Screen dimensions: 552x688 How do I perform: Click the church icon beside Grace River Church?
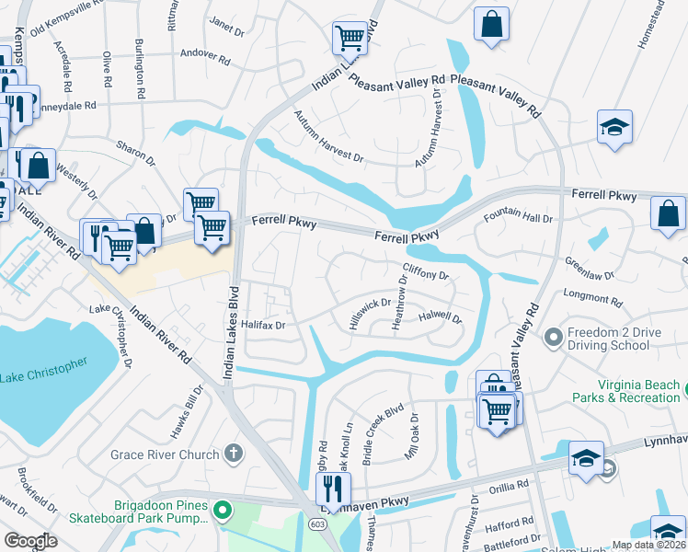point(235,454)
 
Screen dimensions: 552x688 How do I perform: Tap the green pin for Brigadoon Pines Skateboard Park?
point(221,510)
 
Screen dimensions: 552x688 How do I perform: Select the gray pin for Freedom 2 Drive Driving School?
point(553,338)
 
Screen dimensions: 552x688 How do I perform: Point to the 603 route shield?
point(317,523)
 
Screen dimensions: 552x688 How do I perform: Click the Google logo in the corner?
point(30,541)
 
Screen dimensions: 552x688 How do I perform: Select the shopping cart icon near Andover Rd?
point(350,38)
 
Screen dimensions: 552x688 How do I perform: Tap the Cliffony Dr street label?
point(425,275)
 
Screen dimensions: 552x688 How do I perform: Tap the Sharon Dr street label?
point(135,153)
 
